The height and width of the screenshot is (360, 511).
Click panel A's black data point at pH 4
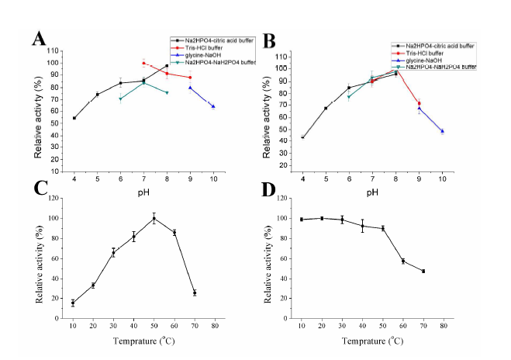[74, 118]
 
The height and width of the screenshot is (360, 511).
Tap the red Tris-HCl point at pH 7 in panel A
[143, 64]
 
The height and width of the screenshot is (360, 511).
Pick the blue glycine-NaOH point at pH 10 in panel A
[213, 106]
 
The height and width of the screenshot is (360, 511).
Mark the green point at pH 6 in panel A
[120, 99]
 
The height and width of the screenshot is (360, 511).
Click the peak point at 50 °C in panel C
[154, 218]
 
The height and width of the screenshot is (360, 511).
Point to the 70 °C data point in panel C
[195, 292]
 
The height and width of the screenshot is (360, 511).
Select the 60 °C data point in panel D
[403, 261]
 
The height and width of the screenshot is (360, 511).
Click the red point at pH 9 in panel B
[419, 103]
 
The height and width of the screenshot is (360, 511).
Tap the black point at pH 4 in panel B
[302, 137]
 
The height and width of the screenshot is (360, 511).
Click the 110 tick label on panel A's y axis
[51, 50]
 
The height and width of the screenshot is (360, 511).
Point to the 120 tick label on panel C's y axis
[51, 199]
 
